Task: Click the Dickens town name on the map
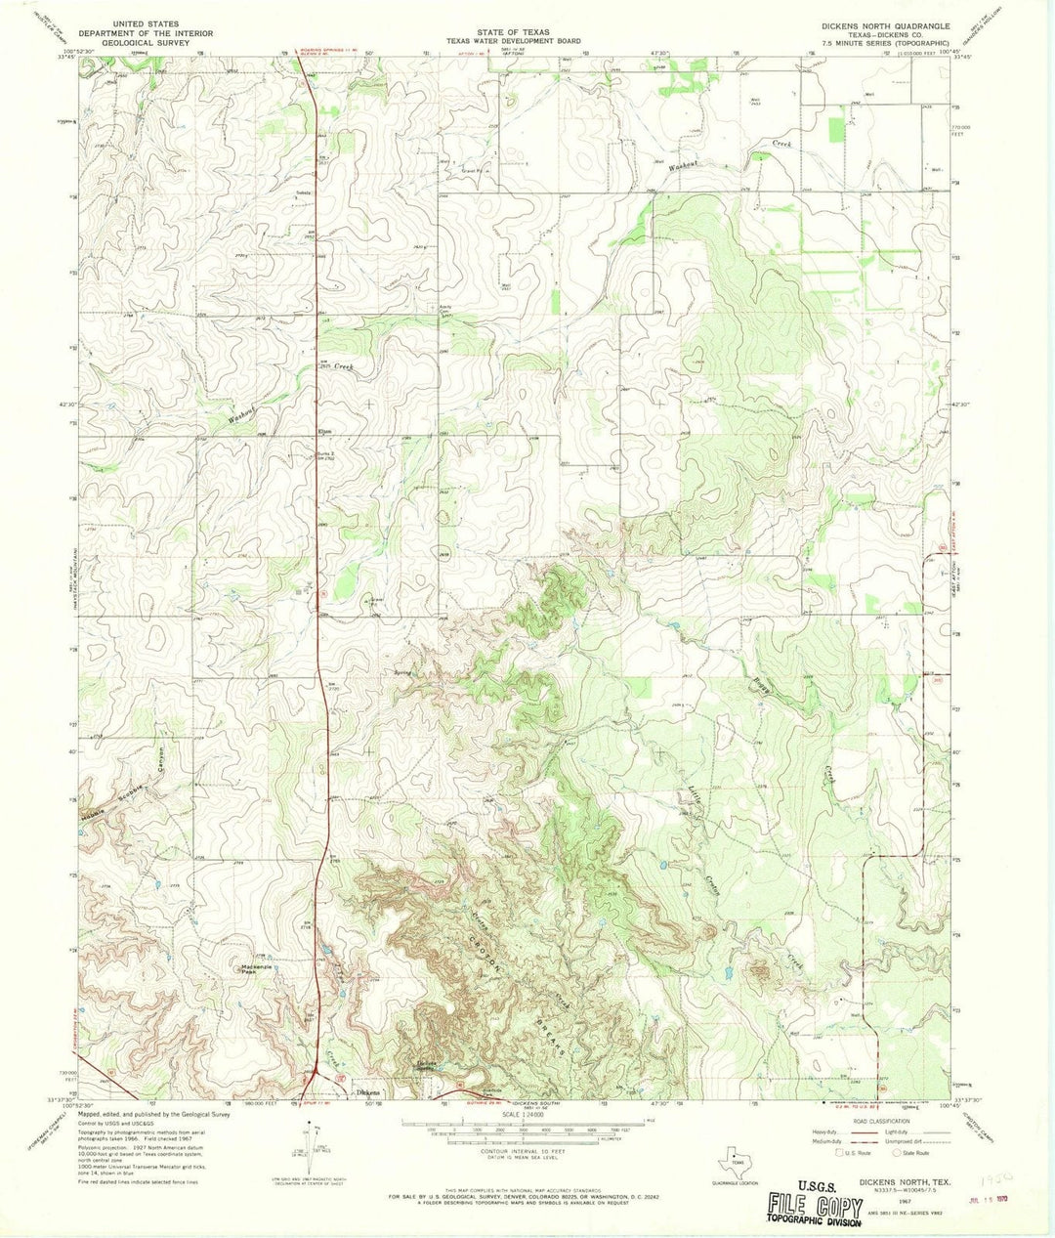click(x=367, y=1091)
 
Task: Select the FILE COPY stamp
click(x=807, y=1203)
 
